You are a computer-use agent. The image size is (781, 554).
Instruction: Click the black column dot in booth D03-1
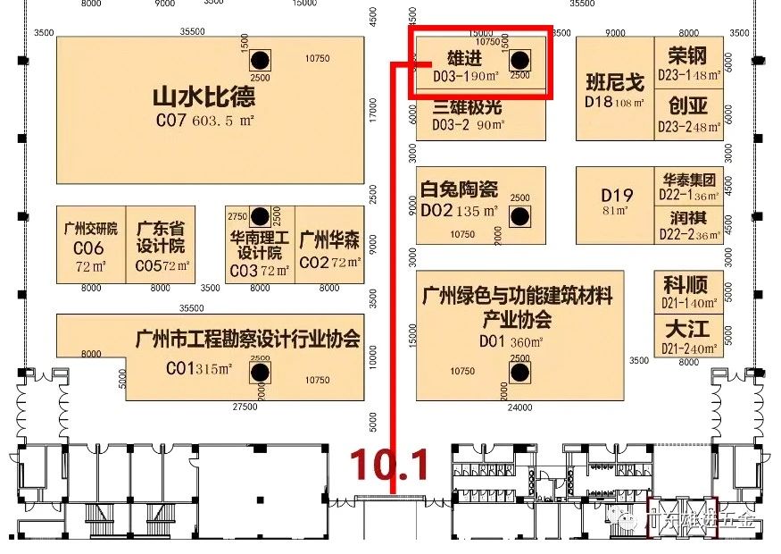519,61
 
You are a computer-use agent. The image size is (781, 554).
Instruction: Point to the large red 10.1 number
389,464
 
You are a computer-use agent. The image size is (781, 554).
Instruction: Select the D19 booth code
616,195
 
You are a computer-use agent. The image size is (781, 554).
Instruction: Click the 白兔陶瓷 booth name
459,190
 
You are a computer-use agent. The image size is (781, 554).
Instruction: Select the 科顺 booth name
685,285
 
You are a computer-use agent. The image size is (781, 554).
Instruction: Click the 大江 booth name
685,327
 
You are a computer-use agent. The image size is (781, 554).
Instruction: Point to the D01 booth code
493,340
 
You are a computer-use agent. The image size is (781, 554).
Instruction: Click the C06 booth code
89,248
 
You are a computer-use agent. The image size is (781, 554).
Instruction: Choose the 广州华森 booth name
329,239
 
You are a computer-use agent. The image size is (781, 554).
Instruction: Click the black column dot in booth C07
260,61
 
